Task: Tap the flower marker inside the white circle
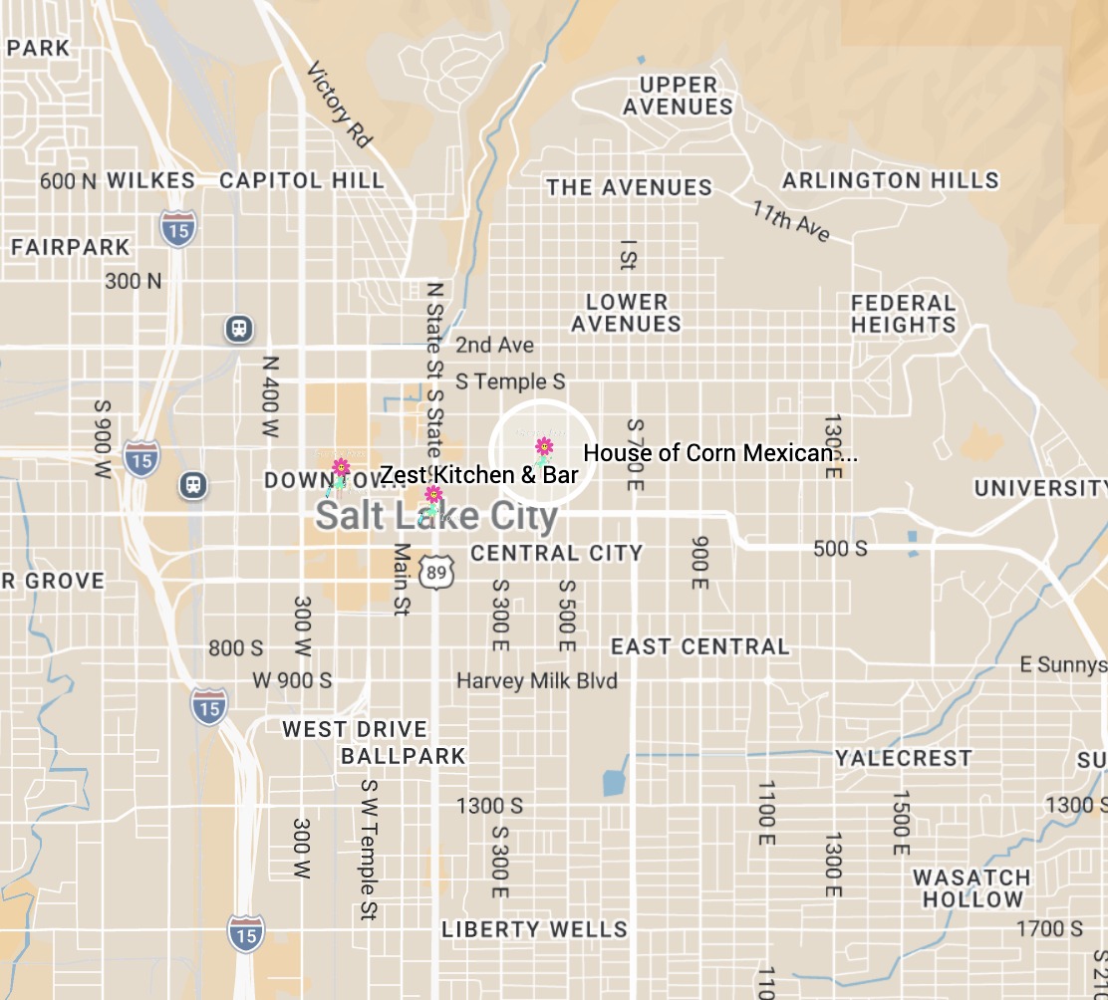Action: coord(544,447)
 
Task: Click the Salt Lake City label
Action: coord(436,516)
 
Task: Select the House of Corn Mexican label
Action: coord(719,453)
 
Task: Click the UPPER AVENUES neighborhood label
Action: coord(679,96)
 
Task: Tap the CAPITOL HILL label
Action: coord(301,180)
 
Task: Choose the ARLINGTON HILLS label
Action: coord(890,180)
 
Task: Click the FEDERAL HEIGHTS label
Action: coord(903,313)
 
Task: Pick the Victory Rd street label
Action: coord(339,105)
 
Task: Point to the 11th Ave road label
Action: coord(791,220)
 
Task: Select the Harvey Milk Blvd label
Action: coord(537,681)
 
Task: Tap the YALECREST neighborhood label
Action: coord(903,758)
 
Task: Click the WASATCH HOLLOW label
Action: coord(971,888)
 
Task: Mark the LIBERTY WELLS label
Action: coord(534,930)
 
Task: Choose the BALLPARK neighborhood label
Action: coord(404,756)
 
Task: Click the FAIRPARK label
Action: coord(71,247)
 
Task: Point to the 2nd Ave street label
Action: coord(494,346)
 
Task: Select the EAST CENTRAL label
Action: coord(699,647)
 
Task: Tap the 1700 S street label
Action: coord(1048,929)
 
